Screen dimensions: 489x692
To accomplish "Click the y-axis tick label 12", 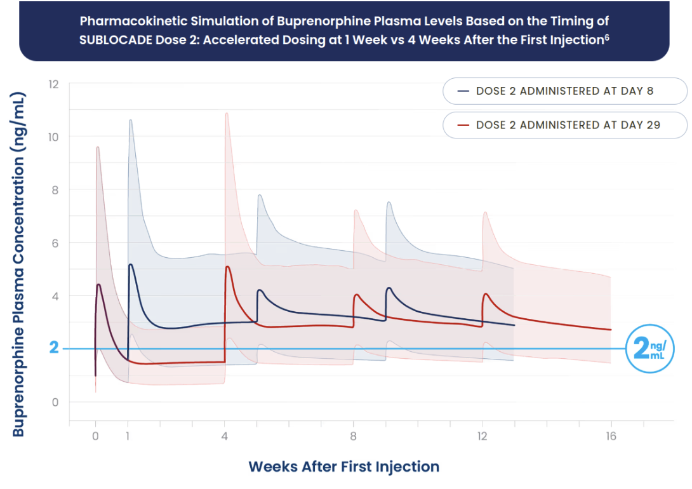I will click(x=53, y=84).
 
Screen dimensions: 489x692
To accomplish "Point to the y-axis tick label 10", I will click(x=53, y=137).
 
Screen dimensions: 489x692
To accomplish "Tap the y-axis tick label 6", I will click(x=55, y=243).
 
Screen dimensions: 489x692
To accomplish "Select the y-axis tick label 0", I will click(x=55, y=402).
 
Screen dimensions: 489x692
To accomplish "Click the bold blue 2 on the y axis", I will click(x=54, y=348).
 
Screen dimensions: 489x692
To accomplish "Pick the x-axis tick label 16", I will click(x=611, y=436).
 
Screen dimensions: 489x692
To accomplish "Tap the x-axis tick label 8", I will click(x=353, y=436).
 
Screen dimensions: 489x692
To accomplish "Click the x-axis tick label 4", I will click(x=224, y=436).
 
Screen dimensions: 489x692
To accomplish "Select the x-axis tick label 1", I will click(x=128, y=436).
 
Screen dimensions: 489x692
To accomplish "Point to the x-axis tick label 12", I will click(x=482, y=436).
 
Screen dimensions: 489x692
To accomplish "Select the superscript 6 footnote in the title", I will click(x=607, y=36).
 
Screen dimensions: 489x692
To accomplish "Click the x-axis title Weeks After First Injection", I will click(x=343, y=467).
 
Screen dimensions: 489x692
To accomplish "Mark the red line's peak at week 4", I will click(x=227, y=267).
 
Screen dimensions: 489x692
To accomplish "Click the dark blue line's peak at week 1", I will click(x=131, y=265).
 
